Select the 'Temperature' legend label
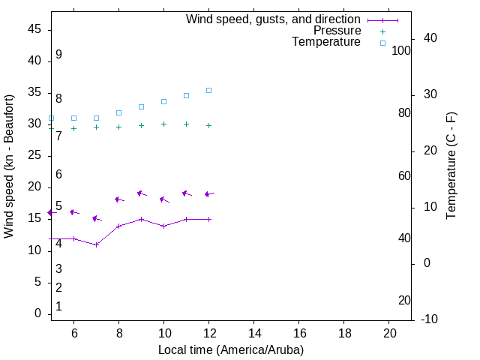click(326, 42)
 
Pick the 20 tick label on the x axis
click(389, 333)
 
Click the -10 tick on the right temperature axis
click(430, 319)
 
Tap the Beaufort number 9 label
click(58, 55)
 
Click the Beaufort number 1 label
click(58, 307)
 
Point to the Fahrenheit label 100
click(401, 50)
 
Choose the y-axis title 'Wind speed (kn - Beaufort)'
click(9, 166)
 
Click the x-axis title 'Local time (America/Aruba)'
click(231, 349)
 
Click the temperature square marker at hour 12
click(209, 90)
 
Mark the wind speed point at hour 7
click(96, 244)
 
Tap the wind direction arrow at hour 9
click(141, 193)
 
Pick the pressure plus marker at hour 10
click(163, 124)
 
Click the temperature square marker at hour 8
click(118, 112)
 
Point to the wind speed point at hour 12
click(209, 219)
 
